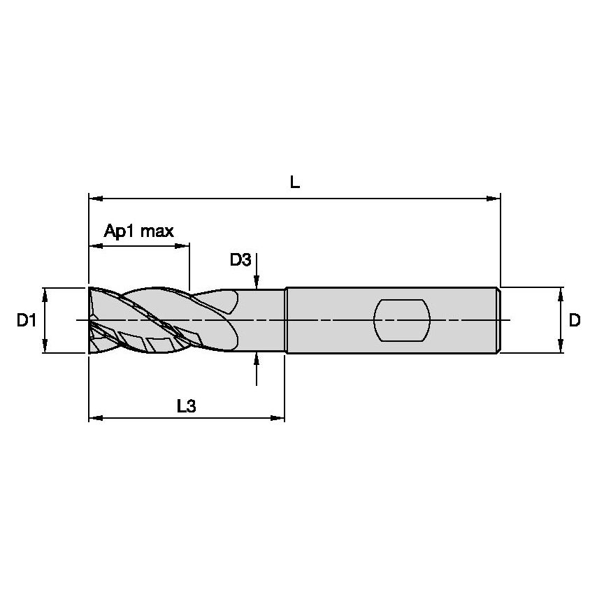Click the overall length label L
[295, 182]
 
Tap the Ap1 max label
[139, 231]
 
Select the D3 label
[240, 260]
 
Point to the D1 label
[27, 320]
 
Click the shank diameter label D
[575, 320]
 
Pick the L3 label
[187, 406]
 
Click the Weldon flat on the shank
[402, 321]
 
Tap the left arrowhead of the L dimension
[96, 199]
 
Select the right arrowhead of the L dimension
[494, 199]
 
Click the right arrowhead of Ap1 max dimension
[182, 246]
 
